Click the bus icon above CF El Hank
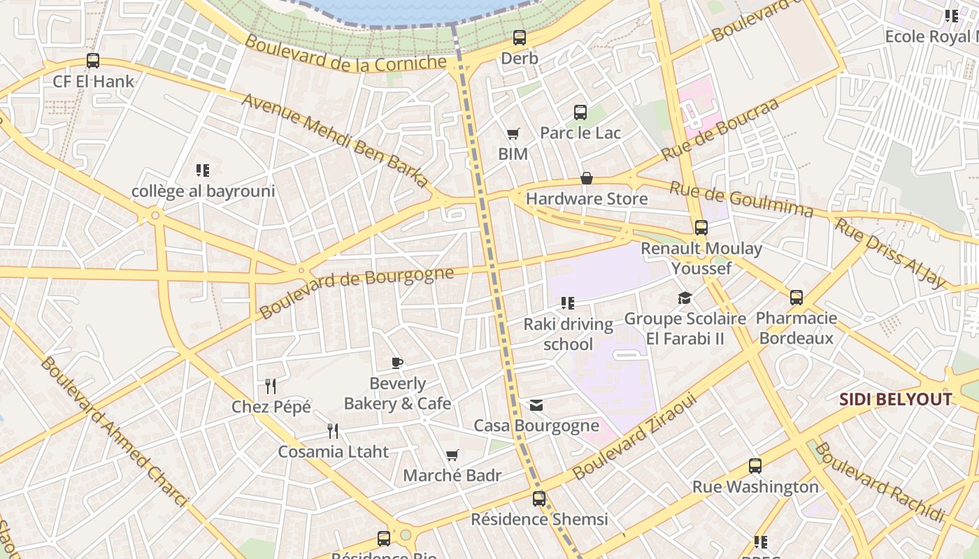93,61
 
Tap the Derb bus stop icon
519,38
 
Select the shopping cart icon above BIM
513,133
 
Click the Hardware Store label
586,199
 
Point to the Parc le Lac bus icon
580,112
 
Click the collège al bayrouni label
203,191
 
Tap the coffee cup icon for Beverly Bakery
397,363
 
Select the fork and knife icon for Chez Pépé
271,386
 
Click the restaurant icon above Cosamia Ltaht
333,430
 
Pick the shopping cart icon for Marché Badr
452,456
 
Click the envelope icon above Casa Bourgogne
536,405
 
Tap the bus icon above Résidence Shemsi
538,499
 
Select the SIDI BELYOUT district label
895,400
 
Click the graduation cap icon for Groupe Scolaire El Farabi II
685,298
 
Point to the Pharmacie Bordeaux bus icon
796,298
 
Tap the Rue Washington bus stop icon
755,466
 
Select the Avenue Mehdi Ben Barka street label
335,140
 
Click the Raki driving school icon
567,303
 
